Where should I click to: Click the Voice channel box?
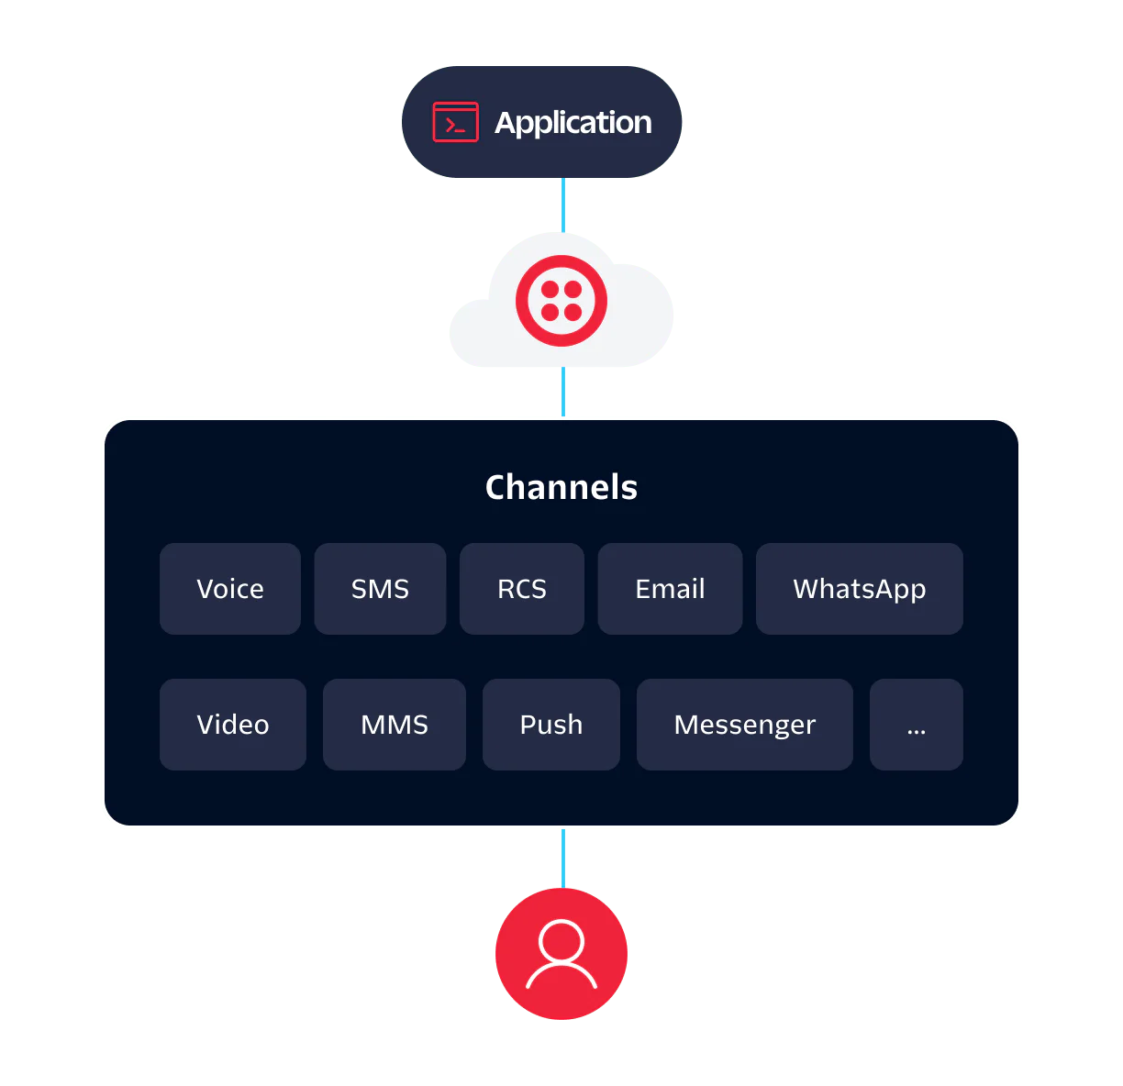tap(230, 589)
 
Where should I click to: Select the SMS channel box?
tap(380, 589)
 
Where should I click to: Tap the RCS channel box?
tap(522, 589)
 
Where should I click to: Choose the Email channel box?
tap(670, 589)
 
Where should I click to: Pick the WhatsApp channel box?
tap(859, 589)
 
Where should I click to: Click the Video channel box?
tap(233, 725)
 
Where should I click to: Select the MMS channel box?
tap(395, 725)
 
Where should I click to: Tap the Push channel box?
tap(551, 725)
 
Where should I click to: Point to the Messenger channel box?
tap(745, 725)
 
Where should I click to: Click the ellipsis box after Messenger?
tap(916, 725)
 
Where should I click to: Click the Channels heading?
tap(561, 487)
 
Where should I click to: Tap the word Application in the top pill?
tap(573, 123)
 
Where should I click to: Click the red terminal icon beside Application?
tap(456, 123)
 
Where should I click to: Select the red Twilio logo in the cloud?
tap(561, 301)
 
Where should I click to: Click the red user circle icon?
tap(561, 954)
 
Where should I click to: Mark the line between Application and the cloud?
tap(562, 204)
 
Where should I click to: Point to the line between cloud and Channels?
tap(562, 393)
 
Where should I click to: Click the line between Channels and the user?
tap(562, 858)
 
